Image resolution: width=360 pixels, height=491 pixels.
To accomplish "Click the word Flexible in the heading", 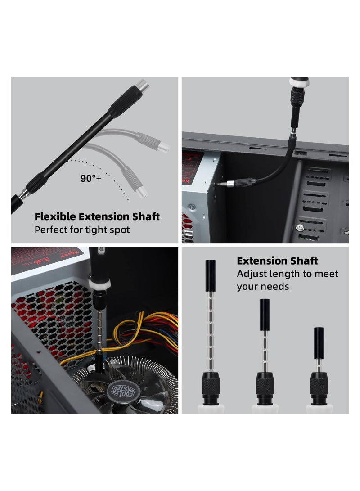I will [54, 216].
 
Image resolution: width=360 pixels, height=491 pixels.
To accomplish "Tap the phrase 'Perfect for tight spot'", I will [82, 230].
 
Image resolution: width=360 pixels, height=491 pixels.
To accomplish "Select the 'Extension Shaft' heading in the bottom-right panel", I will [277, 261].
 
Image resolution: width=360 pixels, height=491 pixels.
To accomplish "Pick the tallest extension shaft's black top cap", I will [210, 270].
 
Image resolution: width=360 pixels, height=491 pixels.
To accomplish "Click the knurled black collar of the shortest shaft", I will [319, 385].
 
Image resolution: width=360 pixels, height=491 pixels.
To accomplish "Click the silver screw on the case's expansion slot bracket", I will [299, 228].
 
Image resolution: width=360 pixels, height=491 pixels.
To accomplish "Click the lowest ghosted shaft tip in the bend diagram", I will [142, 193].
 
